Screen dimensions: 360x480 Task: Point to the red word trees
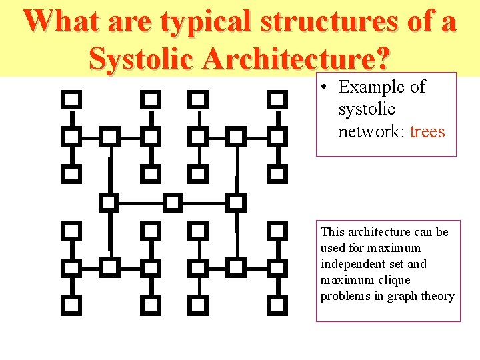(427, 131)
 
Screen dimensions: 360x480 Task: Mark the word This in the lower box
(332, 232)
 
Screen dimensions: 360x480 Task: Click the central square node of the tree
(173, 202)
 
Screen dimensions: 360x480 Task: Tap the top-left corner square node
(71, 100)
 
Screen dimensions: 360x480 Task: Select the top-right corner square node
(277, 100)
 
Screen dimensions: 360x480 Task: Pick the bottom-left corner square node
(71, 305)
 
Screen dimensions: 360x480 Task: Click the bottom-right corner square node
(277, 305)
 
